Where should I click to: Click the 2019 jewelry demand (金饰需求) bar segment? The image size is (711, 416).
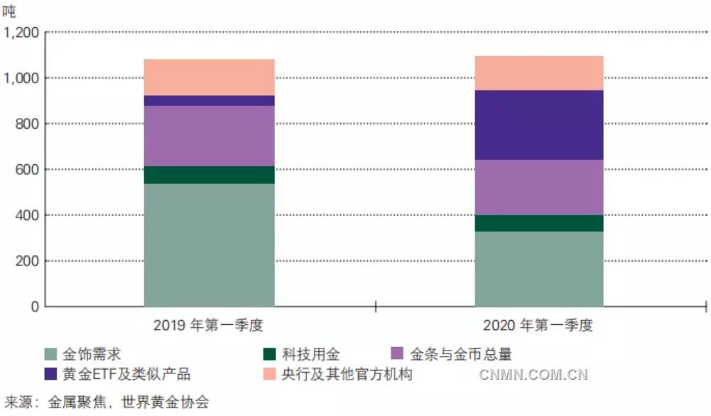tap(209, 245)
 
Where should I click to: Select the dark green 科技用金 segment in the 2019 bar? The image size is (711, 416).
tap(209, 175)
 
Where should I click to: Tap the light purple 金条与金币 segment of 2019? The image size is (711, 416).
tap(209, 136)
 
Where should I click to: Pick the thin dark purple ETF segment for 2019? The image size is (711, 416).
tap(209, 100)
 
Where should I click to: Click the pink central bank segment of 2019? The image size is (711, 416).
tap(209, 77)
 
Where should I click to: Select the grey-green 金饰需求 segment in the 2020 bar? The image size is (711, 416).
tap(538, 269)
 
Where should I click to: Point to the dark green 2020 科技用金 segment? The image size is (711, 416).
tap(538, 223)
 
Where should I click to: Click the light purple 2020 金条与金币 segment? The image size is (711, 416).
tap(538, 187)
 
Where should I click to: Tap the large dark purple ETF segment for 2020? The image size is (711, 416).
tap(538, 125)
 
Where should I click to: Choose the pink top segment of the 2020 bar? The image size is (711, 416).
tap(538, 73)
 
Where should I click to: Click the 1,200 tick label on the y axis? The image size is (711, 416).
tap(23, 33)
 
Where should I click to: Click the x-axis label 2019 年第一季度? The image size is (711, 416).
tap(209, 326)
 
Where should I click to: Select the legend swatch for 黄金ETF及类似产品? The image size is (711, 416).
tap(51, 373)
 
